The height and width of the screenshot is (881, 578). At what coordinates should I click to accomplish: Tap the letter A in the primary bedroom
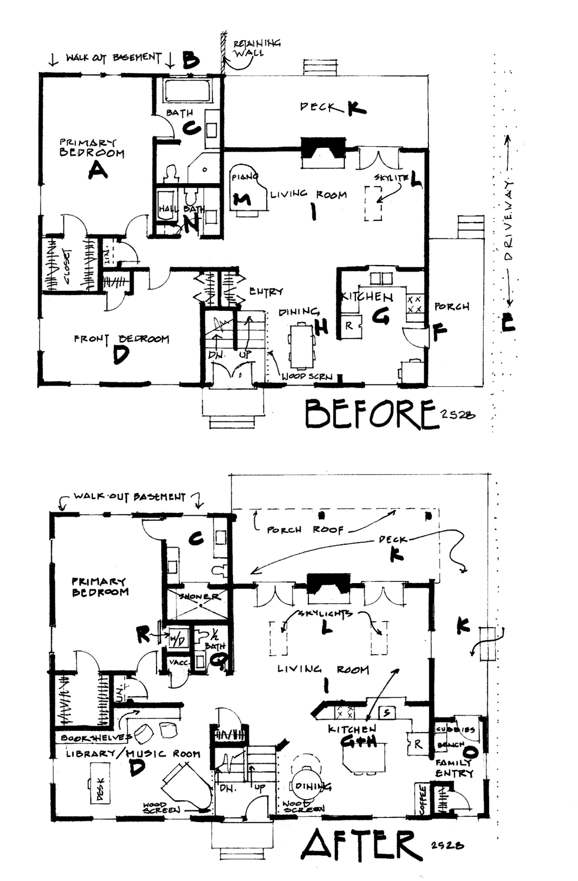97,171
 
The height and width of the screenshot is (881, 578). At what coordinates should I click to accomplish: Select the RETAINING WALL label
257,48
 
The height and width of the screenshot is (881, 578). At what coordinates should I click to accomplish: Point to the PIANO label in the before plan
241,177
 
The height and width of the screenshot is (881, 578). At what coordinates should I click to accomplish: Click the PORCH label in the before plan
451,307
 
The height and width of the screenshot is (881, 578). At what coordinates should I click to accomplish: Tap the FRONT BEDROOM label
121,339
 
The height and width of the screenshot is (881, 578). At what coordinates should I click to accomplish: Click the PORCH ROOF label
305,529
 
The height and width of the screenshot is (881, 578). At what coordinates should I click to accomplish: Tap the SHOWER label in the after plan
200,597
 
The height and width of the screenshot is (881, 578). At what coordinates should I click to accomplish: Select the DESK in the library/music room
98,783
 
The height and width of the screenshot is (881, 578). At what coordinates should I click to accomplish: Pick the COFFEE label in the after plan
422,799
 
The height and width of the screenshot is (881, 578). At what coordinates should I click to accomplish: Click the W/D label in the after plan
176,638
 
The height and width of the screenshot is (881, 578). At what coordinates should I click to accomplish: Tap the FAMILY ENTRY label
454,768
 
